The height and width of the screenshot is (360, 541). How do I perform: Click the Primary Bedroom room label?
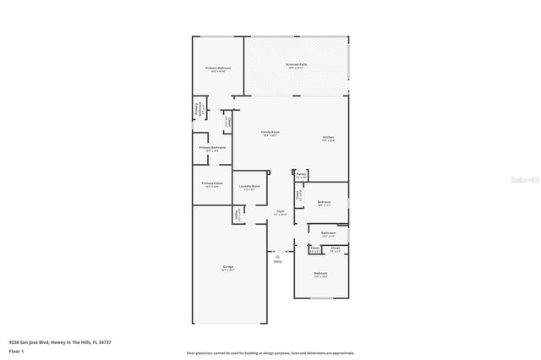(218, 68)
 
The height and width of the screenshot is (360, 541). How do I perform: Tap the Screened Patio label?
(295, 64)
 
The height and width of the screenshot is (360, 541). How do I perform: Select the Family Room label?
(270, 132)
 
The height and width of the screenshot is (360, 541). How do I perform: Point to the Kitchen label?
(328, 137)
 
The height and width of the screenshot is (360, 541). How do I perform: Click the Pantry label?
(301, 174)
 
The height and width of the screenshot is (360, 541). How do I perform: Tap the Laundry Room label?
(249, 186)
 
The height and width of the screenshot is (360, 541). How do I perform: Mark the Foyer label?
(280, 211)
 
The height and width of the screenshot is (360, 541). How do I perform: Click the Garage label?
(228, 267)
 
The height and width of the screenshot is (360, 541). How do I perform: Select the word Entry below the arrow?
(277, 261)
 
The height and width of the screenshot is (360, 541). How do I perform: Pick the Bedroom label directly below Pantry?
(324, 202)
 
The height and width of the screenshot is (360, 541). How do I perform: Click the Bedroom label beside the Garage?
(320, 273)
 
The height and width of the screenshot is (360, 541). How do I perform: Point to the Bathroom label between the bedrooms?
(328, 232)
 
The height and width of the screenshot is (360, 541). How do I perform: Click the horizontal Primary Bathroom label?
(212, 147)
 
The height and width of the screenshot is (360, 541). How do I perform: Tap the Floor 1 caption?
(16, 351)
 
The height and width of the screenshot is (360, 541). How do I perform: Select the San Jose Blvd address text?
(59, 342)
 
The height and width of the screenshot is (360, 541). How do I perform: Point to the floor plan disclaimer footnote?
(270, 352)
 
